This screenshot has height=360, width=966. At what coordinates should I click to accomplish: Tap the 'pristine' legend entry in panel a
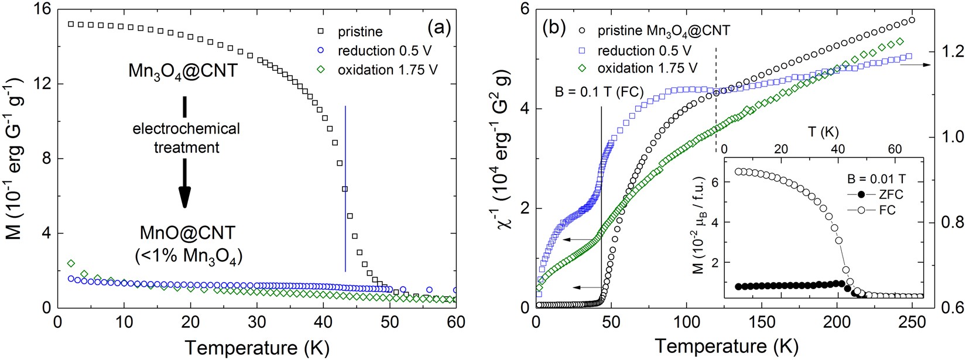click(x=360, y=32)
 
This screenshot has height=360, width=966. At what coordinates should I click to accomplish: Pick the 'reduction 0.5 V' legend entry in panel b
click(x=644, y=50)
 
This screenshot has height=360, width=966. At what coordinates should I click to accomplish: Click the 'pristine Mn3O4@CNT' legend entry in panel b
click(x=663, y=30)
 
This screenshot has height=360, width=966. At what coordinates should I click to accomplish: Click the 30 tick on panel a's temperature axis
click(x=256, y=323)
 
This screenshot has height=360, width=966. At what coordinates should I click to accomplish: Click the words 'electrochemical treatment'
click(x=186, y=138)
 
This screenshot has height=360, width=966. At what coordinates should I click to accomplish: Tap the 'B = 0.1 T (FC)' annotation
click(x=598, y=92)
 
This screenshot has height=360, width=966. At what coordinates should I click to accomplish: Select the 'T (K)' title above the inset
click(x=825, y=132)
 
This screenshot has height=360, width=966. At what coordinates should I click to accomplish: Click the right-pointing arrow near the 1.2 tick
click(x=914, y=65)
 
